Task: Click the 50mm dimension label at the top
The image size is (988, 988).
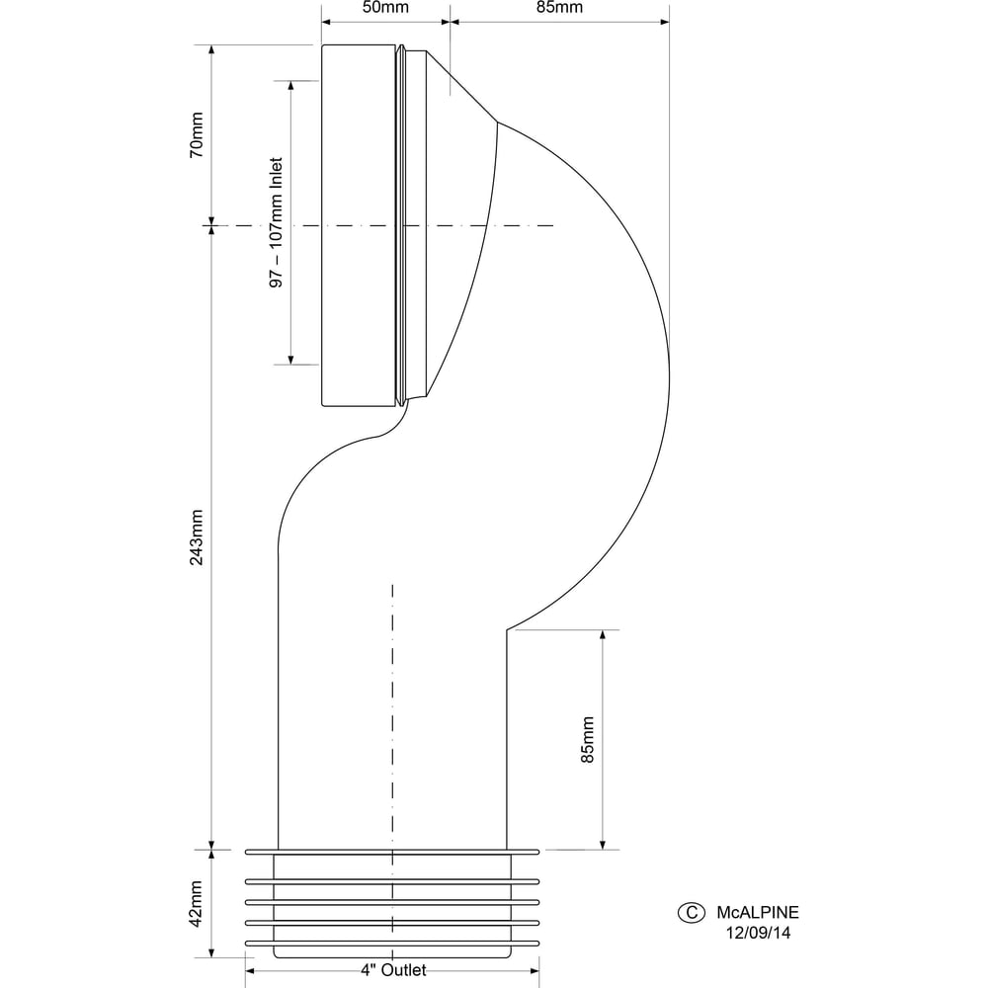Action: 385,8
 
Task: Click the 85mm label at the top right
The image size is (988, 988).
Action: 559,8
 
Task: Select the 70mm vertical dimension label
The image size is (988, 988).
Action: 197,134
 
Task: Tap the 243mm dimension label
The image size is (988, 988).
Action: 197,537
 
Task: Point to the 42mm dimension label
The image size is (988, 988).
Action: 197,904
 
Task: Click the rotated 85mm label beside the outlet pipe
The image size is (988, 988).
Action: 587,740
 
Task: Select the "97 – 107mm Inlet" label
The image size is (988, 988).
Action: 276,222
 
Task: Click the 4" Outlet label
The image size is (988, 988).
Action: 394,970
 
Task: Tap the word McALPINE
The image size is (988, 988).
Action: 758,912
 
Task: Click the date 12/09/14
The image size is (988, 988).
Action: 758,934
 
